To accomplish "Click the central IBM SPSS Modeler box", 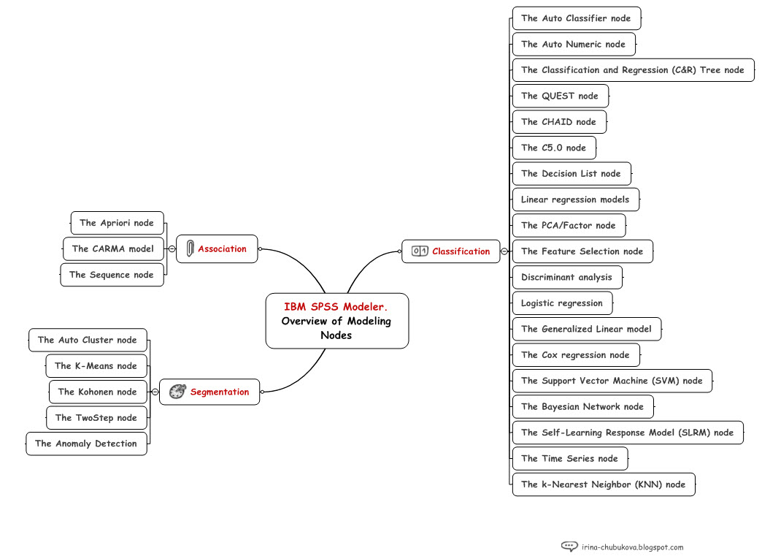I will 336,321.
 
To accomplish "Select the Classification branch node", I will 451,251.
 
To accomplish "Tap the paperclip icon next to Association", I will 190,248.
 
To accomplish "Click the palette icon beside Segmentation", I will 177,392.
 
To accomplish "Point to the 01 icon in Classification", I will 420,251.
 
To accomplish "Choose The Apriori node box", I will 117,223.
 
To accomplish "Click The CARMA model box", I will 112,248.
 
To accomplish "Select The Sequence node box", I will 112,275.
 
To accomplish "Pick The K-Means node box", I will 96,366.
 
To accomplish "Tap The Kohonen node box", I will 97,392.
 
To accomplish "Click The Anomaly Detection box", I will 86,444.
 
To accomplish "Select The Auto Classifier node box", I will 576,18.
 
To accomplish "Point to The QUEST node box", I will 560,96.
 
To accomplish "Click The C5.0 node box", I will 553,148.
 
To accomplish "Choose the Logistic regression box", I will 562,303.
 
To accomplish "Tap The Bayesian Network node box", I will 582,407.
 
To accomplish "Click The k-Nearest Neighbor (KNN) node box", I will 603,484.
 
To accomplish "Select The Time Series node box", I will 569,459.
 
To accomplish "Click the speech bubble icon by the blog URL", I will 569,546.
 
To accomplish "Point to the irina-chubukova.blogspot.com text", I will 633,547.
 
